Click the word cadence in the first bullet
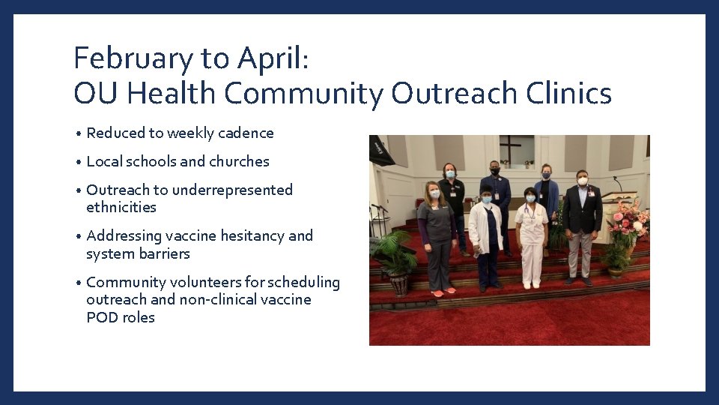point(245,133)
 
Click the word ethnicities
point(121,208)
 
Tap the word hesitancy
point(249,236)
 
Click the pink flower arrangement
point(629,220)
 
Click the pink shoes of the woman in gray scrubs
point(443,292)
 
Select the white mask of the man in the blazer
point(582,181)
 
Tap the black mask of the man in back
point(495,171)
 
